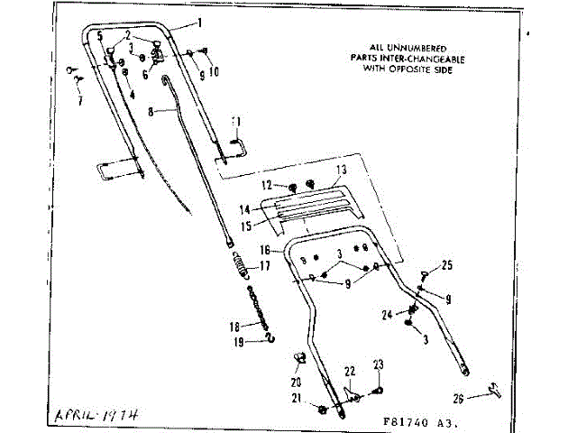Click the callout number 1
click(199, 22)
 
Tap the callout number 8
click(152, 111)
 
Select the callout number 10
click(214, 71)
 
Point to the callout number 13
click(341, 170)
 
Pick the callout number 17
click(265, 266)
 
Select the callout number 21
click(295, 399)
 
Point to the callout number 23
click(379, 364)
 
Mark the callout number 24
click(387, 315)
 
